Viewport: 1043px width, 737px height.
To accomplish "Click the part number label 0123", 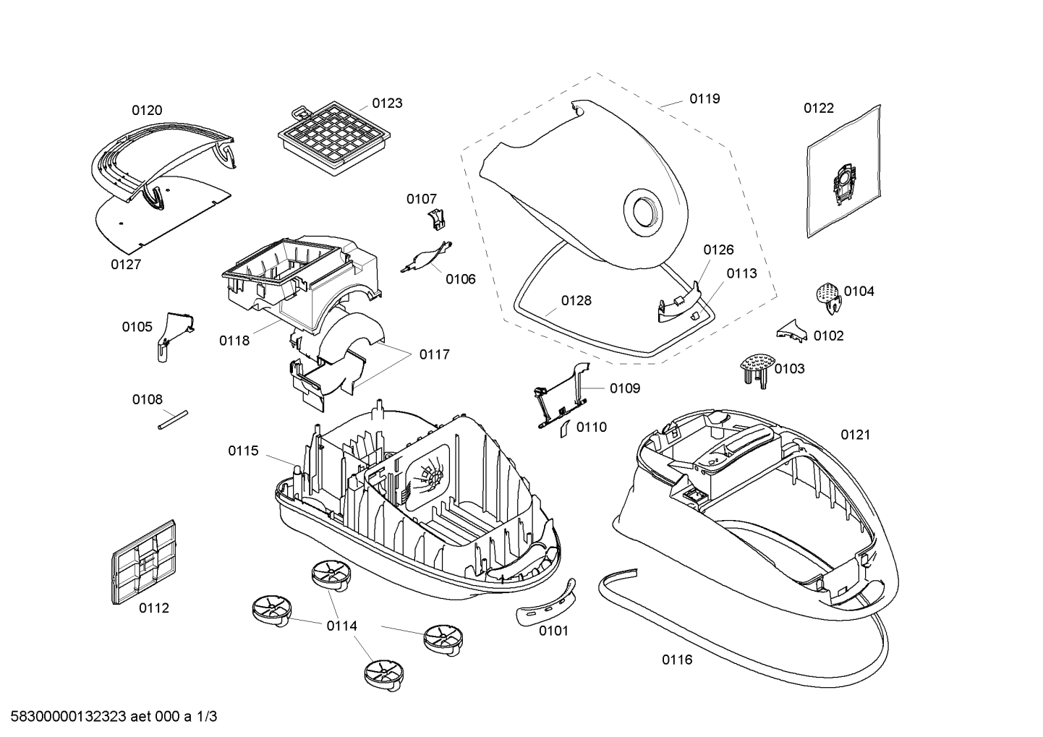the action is pos(387,103).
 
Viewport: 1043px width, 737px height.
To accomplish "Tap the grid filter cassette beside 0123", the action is pos(334,138).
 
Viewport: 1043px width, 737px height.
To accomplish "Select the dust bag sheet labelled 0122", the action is pos(843,171).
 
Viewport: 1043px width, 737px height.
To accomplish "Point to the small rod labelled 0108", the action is pos(173,419).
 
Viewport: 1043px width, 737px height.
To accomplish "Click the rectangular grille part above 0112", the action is pos(144,562).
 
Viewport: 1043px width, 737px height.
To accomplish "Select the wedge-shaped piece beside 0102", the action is pos(791,331).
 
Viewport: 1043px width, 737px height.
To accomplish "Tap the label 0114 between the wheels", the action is pos(342,626).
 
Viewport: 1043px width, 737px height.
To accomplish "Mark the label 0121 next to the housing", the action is pos(856,435).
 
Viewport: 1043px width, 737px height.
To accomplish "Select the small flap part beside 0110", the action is pos(565,428).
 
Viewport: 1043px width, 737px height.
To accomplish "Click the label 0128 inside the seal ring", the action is pos(576,301).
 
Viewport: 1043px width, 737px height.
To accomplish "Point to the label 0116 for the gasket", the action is pos(677,660).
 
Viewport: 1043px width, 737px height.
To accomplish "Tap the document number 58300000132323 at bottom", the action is pos(69,717).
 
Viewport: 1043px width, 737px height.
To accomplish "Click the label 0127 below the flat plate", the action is pos(126,265).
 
